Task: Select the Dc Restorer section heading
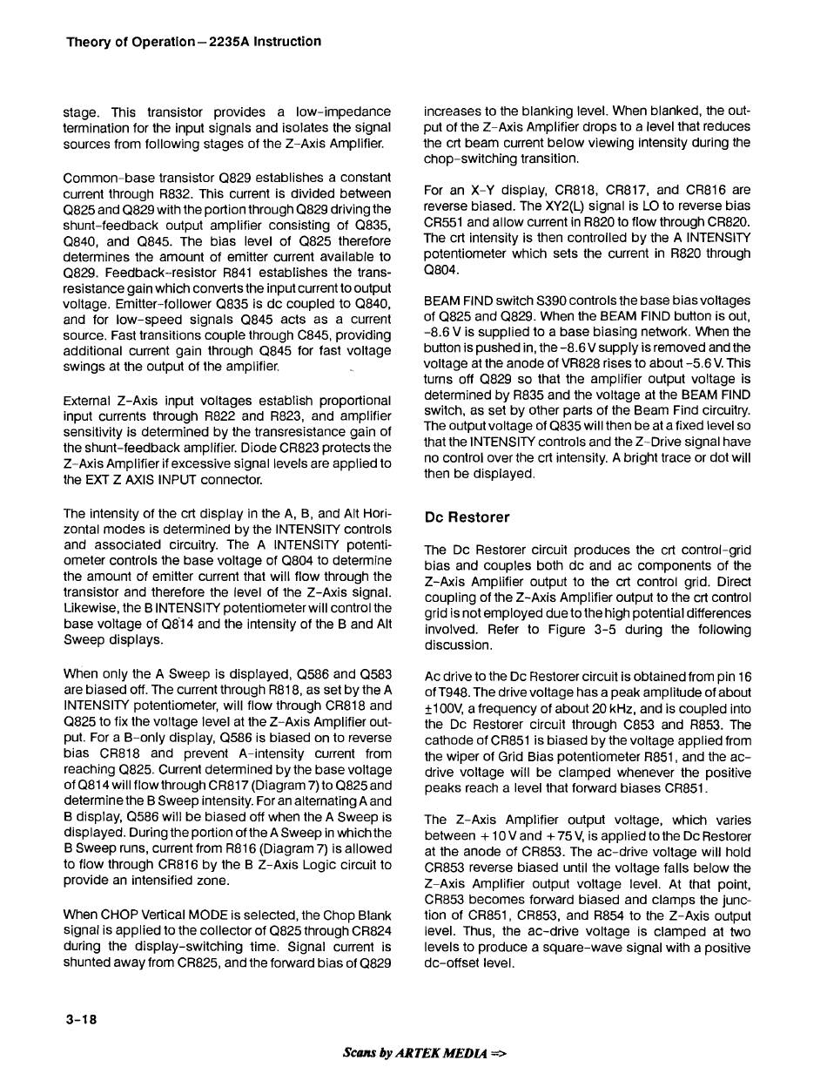(x=467, y=517)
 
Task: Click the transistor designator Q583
(x=373, y=673)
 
